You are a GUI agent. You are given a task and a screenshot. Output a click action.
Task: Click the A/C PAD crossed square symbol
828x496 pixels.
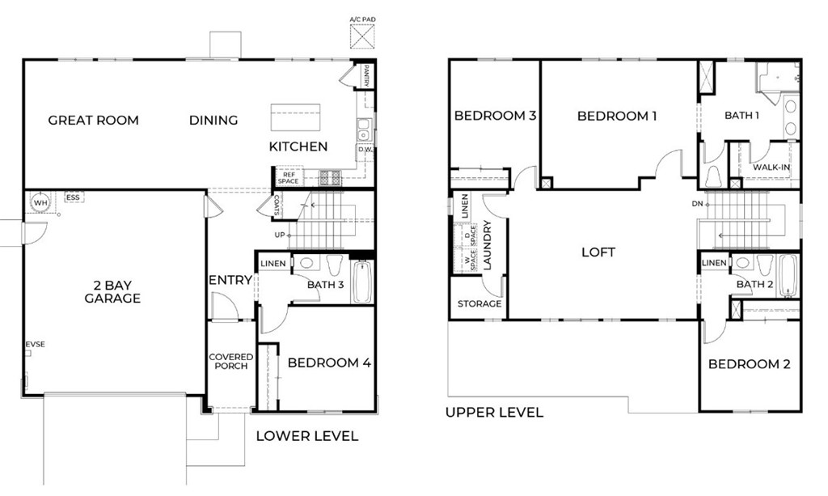pyautogui.click(x=362, y=36)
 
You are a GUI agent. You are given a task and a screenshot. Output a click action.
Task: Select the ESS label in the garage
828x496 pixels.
pyautogui.click(x=73, y=197)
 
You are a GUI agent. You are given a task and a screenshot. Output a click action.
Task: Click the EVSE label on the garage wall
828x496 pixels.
pyautogui.click(x=36, y=345)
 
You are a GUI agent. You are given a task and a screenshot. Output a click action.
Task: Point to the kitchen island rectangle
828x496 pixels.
pyautogui.click(x=295, y=117)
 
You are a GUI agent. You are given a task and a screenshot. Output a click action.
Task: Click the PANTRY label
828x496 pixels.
pyautogui.click(x=366, y=75)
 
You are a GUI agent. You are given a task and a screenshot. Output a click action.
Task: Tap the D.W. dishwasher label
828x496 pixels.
pyautogui.click(x=365, y=150)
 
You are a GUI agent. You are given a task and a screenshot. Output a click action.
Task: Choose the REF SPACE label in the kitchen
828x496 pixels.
pyautogui.click(x=289, y=178)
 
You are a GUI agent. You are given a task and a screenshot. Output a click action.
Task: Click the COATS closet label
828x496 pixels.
pyautogui.click(x=277, y=206)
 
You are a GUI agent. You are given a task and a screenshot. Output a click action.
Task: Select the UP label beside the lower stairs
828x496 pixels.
pyautogui.click(x=279, y=235)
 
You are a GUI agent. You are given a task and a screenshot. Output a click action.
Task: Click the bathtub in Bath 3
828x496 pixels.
pyautogui.click(x=362, y=282)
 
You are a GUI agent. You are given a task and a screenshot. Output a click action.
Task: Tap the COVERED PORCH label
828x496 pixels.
pyautogui.click(x=230, y=362)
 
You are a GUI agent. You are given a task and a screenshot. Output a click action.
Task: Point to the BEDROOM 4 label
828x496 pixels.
pyautogui.click(x=329, y=362)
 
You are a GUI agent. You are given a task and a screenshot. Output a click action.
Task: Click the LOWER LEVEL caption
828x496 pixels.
pyautogui.click(x=306, y=436)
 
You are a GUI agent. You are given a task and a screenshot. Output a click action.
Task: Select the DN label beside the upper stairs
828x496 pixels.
pyautogui.click(x=698, y=204)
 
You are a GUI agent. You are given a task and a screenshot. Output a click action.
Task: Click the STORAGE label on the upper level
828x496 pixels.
pyautogui.click(x=479, y=303)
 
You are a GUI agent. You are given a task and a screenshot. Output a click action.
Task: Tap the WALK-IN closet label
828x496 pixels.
pyautogui.click(x=771, y=167)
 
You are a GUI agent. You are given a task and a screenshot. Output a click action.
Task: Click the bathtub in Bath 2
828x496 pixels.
pyautogui.click(x=788, y=276)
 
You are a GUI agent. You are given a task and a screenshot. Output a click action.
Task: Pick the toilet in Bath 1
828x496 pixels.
pyautogui.click(x=713, y=176)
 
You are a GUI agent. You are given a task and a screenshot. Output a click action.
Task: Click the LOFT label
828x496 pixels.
pyautogui.click(x=598, y=252)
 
